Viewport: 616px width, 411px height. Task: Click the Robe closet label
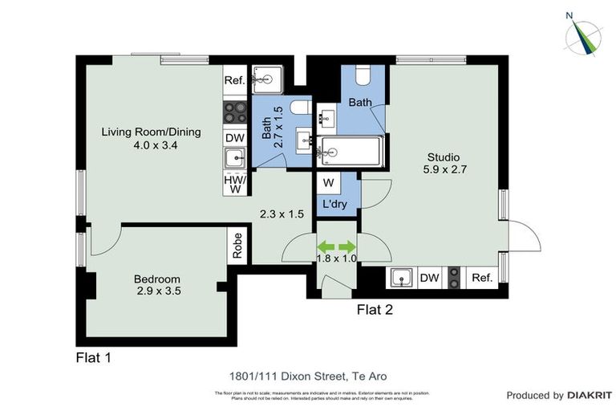click(238, 246)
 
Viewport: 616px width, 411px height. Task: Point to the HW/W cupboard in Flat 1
click(234, 185)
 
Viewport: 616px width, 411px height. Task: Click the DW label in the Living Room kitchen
click(234, 138)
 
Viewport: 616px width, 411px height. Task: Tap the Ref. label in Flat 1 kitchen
click(234, 80)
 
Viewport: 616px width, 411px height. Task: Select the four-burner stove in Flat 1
click(234, 110)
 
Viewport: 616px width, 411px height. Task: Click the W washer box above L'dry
click(328, 182)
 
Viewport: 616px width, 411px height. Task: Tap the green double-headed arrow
click(336, 246)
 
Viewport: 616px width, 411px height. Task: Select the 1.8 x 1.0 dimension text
click(336, 258)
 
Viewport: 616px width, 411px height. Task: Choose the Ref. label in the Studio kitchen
click(481, 279)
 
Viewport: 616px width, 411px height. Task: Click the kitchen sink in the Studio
click(402, 279)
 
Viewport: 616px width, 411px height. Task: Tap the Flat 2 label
click(375, 308)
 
